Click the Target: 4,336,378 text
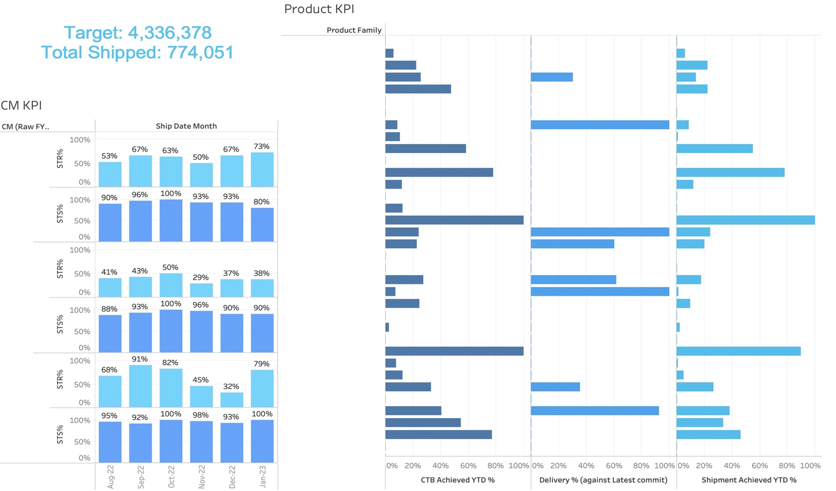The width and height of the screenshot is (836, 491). tap(138, 33)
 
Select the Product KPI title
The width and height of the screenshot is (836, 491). tap(319, 9)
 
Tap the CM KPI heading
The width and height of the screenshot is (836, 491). tap(21, 106)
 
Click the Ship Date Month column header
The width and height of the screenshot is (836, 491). tap(186, 126)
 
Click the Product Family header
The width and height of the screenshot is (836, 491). tap(354, 30)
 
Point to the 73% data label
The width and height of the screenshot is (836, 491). tap(261, 147)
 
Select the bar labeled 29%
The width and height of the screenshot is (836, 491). tap(201, 290)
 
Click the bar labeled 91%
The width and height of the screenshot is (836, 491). tap(140, 386)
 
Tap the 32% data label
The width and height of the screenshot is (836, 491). tap(231, 387)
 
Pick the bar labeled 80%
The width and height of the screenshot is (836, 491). tap(262, 224)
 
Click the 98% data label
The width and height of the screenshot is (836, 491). tap(200, 415)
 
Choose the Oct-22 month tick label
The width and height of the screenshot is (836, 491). tap(171, 476)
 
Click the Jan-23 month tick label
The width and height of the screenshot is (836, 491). tap(262, 476)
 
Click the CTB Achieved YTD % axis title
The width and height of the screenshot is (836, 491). tap(457, 480)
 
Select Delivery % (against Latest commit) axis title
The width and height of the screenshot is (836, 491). tap(603, 480)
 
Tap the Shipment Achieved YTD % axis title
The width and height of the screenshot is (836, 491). tap(749, 480)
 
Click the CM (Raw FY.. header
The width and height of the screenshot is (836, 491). tap(25, 127)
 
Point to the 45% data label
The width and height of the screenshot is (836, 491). tap(200, 380)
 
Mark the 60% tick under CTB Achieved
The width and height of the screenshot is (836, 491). tap(468, 466)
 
